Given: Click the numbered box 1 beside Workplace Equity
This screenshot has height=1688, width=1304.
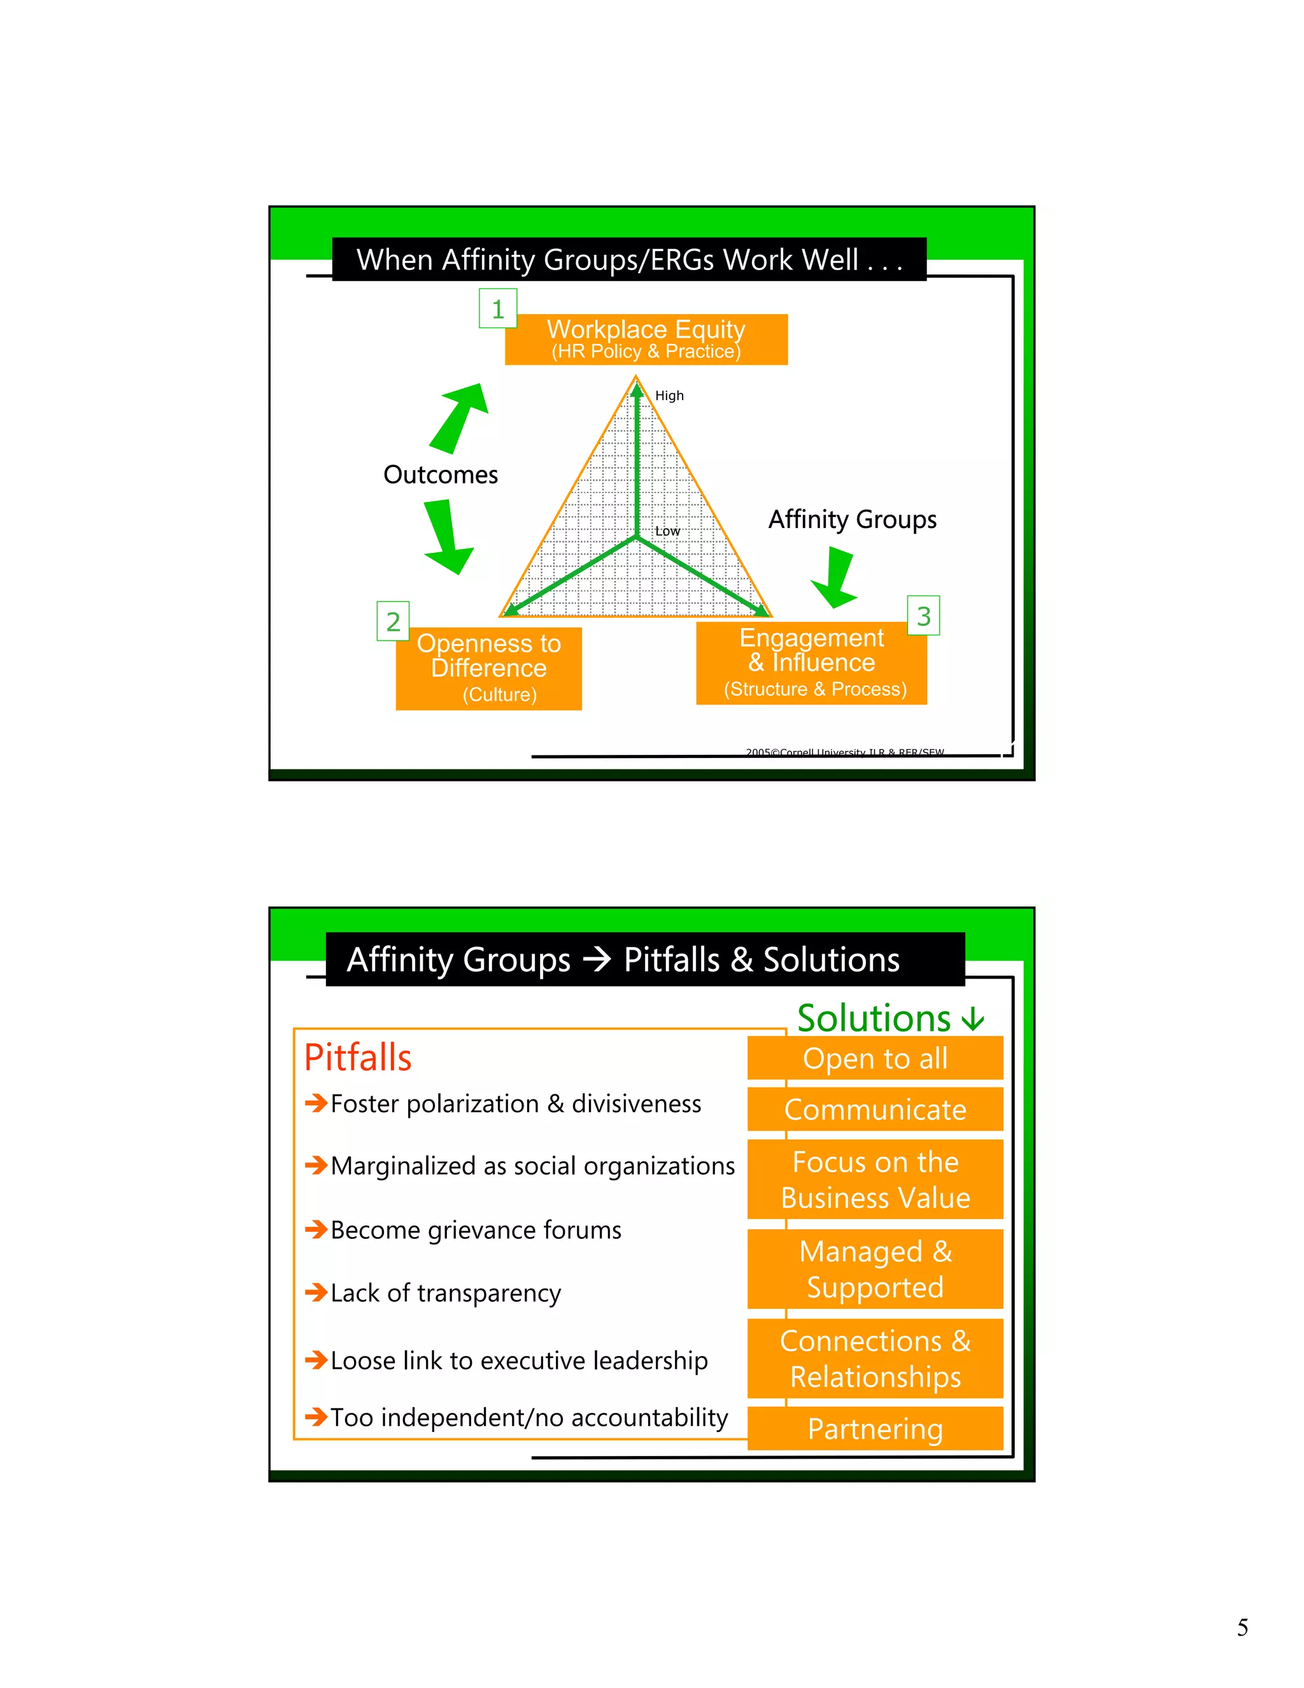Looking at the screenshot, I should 497,308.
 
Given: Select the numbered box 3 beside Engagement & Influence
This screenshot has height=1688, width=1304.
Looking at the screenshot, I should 923,616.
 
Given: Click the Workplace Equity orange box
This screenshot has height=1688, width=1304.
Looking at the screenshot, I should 646,340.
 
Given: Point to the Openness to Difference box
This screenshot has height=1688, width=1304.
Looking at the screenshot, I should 488,669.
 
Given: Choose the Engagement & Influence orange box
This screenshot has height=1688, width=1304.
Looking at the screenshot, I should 811,663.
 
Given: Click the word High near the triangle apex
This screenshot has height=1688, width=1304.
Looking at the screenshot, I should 669,396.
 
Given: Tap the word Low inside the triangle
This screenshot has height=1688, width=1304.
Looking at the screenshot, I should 667,531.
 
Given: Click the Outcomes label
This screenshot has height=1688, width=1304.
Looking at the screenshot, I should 441,475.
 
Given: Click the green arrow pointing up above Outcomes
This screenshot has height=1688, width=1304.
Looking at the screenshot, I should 460,417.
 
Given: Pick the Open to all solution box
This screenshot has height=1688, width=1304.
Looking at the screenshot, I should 874,1058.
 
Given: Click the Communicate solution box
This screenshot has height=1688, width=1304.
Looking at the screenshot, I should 874,1110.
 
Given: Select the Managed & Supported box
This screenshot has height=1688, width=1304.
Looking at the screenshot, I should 874,1269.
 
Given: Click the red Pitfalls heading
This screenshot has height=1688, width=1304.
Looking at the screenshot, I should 358,1057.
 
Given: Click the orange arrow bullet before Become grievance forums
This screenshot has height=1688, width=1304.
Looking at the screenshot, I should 316,1229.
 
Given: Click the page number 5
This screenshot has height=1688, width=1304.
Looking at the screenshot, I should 1242,1627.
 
